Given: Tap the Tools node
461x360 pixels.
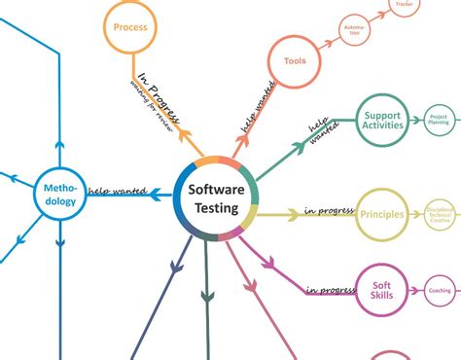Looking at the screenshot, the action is click(x=295, y=61).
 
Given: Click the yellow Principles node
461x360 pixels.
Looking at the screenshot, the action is click(x=381, y=213).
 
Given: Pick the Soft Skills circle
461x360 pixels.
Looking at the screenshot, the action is click(x=381, y=290).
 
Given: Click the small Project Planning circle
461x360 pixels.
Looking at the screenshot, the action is click(x=440, y=122).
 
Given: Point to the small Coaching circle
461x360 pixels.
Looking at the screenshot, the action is click(x=440, y=290).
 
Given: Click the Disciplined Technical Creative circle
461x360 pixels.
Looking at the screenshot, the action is click(x=440, y=213).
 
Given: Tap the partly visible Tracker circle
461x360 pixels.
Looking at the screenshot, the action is click(x=404, y=6).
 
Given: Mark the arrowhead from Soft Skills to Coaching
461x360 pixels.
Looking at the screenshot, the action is click(x=419, y=290).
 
